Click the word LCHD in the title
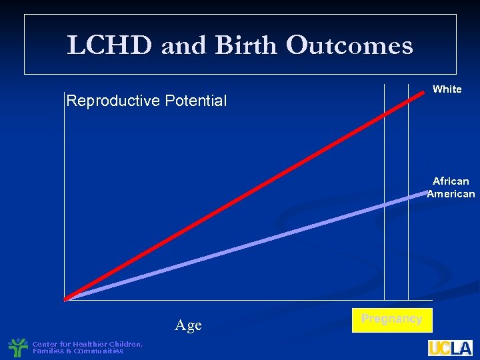click(x=109, y=45)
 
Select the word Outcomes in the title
click(x=349, y=45)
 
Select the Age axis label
click(x=188, y=325)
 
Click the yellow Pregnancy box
click(x=391, y=319)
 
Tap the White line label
click(x=447, y=89)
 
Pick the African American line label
click(x=451, y=187)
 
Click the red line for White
click(x=233, y=201)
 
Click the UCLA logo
click(x=450, y=348)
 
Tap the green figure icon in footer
click(x=17, y=348)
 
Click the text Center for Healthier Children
click(x=87, y=344)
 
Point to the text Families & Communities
click(x=78, y=351)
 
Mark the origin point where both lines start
click(x=65, y=299)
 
